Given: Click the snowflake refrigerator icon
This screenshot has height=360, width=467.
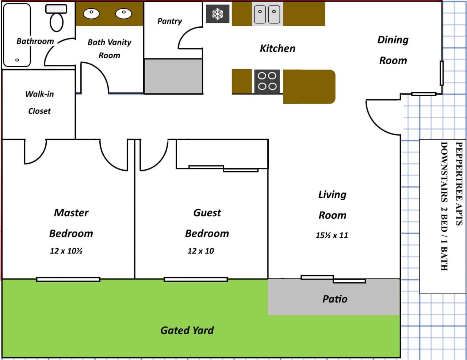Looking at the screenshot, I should (218, 14).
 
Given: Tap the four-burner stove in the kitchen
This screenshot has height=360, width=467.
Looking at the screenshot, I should (267, 81).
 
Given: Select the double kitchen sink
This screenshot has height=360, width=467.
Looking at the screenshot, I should (267, 14).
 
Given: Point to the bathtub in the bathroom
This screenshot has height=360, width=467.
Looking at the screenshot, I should (17, 35).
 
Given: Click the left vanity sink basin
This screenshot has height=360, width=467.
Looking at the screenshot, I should (91, 13).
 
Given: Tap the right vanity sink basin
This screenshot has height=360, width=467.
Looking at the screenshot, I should (123, 13).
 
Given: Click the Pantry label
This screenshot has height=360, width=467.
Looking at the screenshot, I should (169, 21).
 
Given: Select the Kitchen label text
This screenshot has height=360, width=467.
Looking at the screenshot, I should (277, 49).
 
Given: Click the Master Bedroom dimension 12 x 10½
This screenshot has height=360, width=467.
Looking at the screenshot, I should (66, 251).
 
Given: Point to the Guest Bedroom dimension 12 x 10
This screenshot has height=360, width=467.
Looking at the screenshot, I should (200, 251).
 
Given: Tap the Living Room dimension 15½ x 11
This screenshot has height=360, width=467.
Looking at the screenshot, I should (332, 235).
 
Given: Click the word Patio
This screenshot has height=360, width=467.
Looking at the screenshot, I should (334, 299).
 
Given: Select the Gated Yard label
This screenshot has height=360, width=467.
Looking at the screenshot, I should (187, 330).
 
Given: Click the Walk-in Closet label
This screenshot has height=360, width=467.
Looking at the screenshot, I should (39, 102).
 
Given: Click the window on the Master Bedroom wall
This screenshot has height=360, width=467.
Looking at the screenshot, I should (68, 279).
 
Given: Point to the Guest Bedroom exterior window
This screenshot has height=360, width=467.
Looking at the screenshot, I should (196, 279).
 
